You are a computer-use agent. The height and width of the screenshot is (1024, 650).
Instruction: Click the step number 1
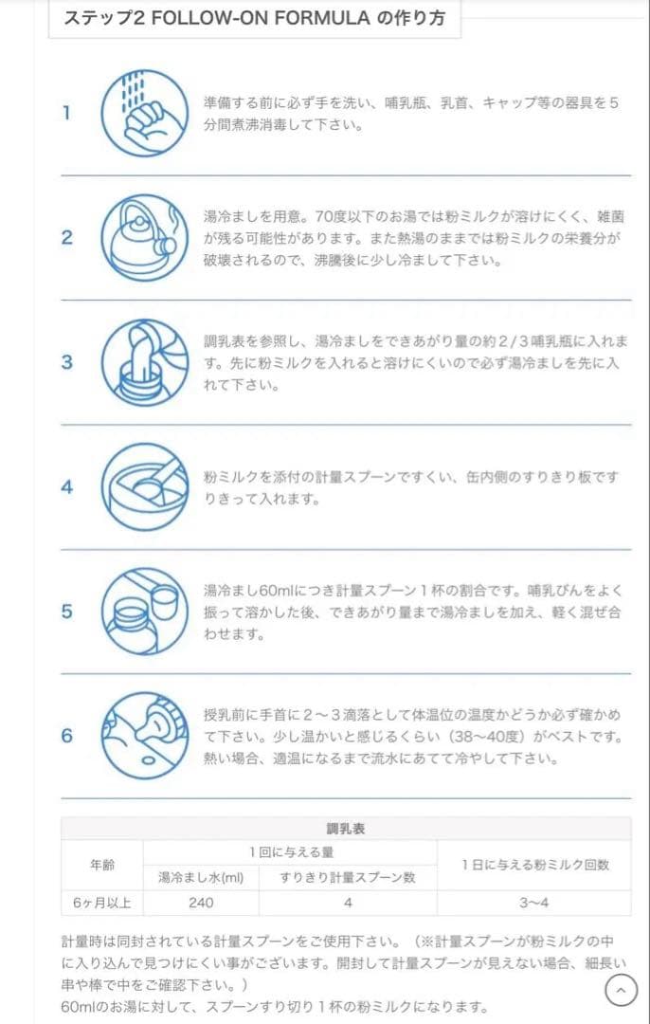coord(66,113)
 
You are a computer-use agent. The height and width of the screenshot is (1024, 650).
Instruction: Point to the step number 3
coord(66,361)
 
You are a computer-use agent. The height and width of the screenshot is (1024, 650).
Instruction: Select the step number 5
coord(66,611)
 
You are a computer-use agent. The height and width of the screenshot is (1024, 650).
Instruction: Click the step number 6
coord(66,736)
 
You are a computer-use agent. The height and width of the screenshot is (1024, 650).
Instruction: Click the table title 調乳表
coord(346,828)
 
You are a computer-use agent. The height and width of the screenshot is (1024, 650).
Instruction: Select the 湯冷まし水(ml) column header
coord(201,877)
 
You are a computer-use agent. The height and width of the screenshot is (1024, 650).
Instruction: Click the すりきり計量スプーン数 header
coord(347,877)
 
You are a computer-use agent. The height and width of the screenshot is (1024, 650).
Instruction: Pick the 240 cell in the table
coord(201,903)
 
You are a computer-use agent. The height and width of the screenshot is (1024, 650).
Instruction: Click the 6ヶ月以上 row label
coord(102,903)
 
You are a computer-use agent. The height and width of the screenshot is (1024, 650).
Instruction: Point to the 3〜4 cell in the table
coord(534,903)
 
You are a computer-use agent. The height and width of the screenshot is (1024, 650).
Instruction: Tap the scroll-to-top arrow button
coord(621,991)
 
